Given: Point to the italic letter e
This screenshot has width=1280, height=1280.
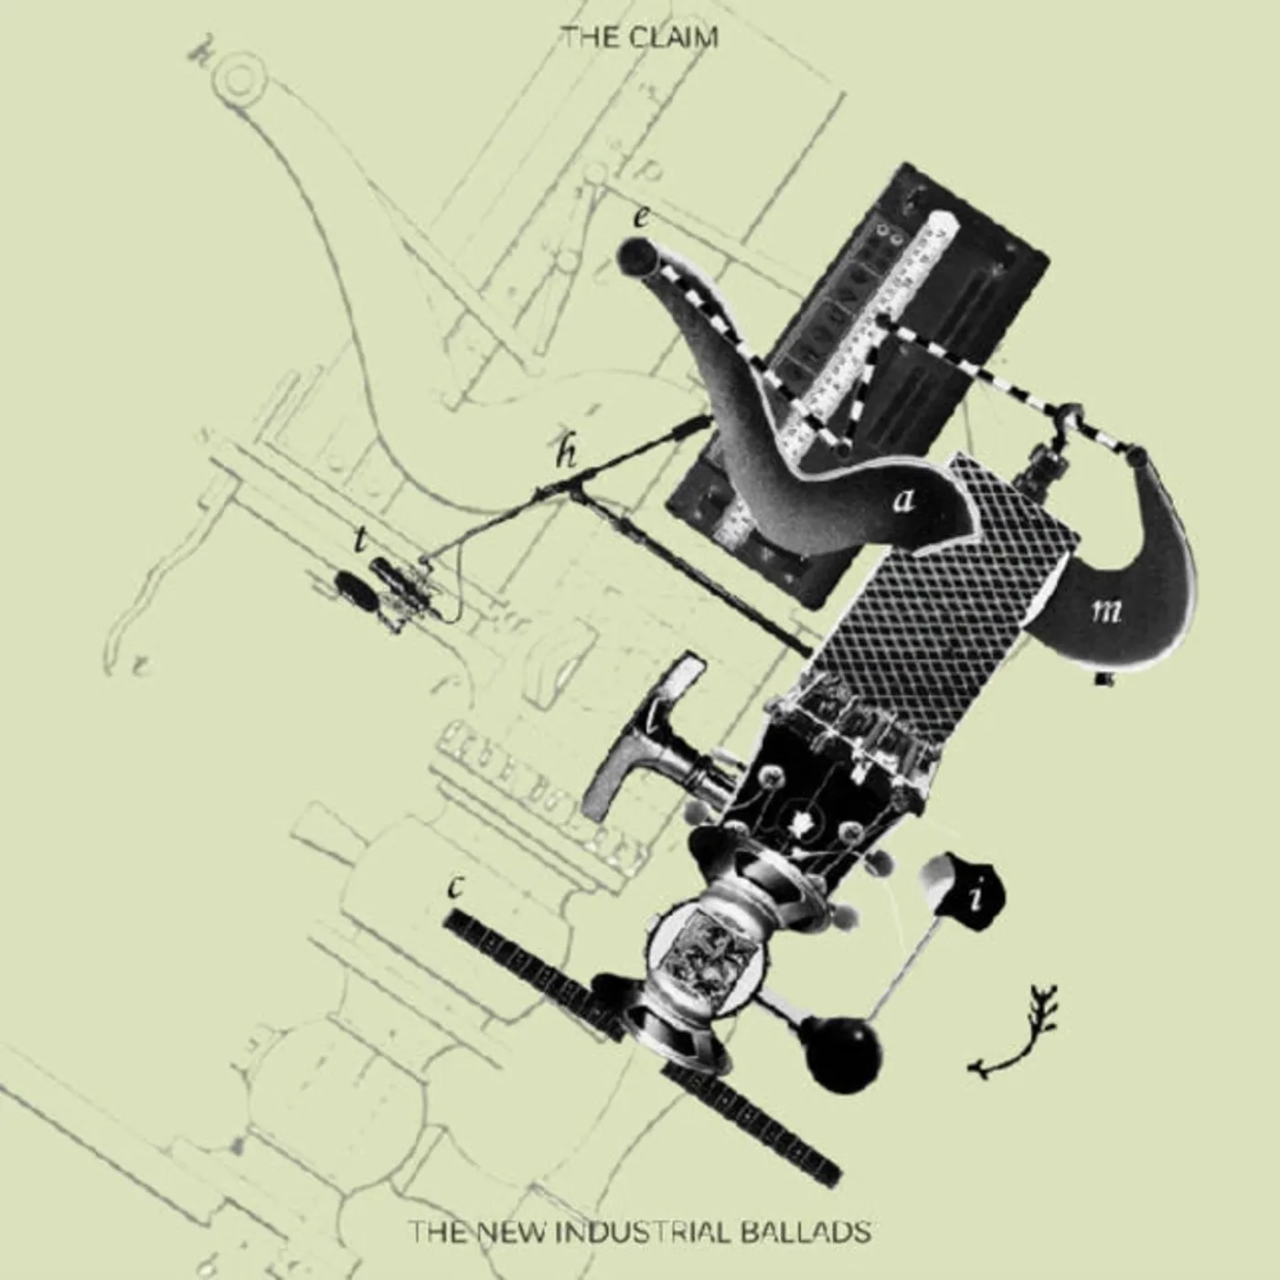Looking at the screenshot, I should click(x=641, y=218).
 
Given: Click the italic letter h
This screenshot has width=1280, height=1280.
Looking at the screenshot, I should click(x=568, y=454).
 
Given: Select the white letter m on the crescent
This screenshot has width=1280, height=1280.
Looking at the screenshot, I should click(x=1106, y=611).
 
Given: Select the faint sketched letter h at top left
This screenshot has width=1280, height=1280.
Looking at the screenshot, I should click(x=197, y=54).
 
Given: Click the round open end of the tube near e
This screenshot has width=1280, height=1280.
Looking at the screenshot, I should click(x=634, y=256).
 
